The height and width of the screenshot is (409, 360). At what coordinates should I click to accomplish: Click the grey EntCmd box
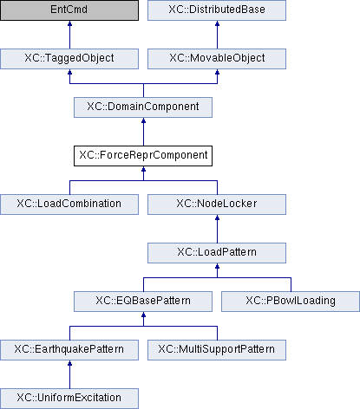pyautogui.click(x=69, y=10)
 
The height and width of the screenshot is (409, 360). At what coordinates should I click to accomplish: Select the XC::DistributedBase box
pyautogui.click(x=217, y=10)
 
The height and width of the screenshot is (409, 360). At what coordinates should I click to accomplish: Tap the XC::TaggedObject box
pyautogui.click(x=69, y=59)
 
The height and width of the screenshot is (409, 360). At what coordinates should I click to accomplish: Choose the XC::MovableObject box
pyautogui.click(x=217, y=59)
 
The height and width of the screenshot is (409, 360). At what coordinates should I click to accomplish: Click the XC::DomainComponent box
pyautogui.click(x=143, y=107)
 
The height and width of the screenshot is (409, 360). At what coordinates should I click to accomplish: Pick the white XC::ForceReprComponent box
pyautogui.click(x=143, y=156)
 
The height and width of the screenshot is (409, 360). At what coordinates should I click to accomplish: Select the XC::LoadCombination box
pyautogui.click(x=69, y=204)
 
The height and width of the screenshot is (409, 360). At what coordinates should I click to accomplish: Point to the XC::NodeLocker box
pyautogui.click(x=217, y=204)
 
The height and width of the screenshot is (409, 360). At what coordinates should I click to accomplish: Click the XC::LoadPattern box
pyautogui.click(x=217, y=253)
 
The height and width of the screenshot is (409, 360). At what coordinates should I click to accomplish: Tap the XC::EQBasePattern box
pyautogui.click(x=143, y=302)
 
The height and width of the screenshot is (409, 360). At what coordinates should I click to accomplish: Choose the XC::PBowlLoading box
pyautogui.click(x=291, y=302)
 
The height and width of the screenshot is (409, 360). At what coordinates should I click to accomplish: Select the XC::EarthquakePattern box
pyautogui.click(x=69, y=350)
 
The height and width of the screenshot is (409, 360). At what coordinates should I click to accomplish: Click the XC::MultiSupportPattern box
pyautogui.click(x=217, y=350)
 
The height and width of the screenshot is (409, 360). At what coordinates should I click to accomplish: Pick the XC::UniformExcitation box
pyautogui.click(x=69, y=399)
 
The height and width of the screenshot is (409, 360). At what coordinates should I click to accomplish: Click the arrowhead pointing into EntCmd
pyautogui.click(x=69, y=23)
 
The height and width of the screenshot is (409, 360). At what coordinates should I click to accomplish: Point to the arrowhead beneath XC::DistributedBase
pyautogui.click(x=217, y=23)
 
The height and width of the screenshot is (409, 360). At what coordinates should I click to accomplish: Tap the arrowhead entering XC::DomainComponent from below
pyautogui.click(x=143, y=120)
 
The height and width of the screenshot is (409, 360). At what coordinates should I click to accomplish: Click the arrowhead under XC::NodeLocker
pyautogui.click(x=217, y=217)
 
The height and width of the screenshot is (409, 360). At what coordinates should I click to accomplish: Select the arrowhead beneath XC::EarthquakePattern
pyautogui.click(x=69, y=363)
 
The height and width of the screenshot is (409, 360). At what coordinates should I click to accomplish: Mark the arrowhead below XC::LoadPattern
pyautogui.click(x=217, y=266)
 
